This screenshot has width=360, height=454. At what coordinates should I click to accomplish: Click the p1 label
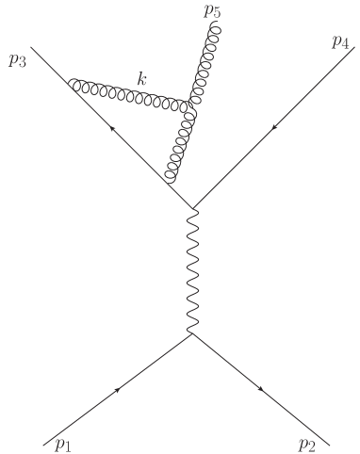click(x=63, y=443)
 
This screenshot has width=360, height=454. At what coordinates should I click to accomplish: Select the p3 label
click(x=17, y=62)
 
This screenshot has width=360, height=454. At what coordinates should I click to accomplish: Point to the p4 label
click(x=341, y=42)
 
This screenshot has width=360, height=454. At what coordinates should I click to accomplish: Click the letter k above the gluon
click(x=141, y=80)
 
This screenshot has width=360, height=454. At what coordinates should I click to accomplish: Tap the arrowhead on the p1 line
click(x=120, y=388)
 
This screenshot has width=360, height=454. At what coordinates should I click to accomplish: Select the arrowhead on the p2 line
click(x=260, y=388)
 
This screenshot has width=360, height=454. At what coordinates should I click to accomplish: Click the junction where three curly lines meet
click(x=193, y=110)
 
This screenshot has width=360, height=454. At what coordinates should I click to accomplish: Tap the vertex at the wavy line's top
click(x=193, y=208)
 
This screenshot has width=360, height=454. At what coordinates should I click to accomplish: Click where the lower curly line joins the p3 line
click(x=170, y=183)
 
